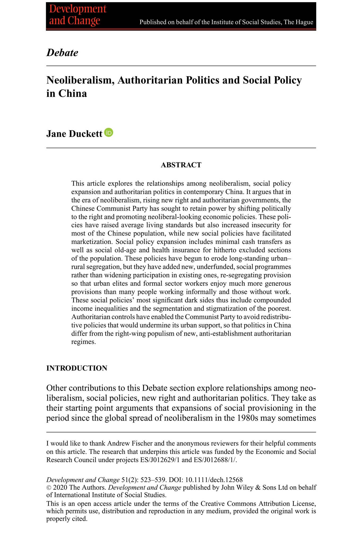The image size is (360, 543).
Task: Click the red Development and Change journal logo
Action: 78,15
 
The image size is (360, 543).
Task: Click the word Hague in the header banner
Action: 305,22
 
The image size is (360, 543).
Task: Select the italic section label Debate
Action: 62,52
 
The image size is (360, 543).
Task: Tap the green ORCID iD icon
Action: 109,132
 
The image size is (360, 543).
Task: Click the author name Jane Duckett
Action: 74,134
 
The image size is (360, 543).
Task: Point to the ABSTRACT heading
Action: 181,165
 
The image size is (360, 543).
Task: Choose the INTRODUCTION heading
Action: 77,368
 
